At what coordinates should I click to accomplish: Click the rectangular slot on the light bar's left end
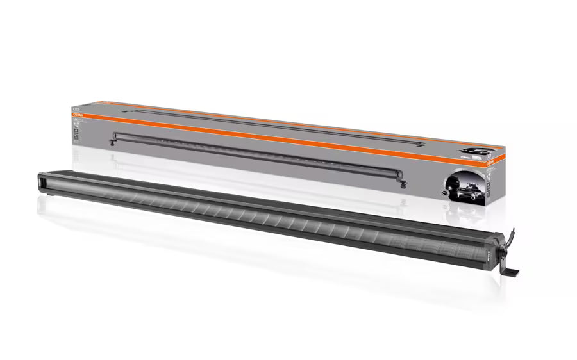(x=46, y=183)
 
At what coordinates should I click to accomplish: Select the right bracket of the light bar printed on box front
(x=405, y=184)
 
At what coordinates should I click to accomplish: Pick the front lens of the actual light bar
(x=256, y=215)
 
